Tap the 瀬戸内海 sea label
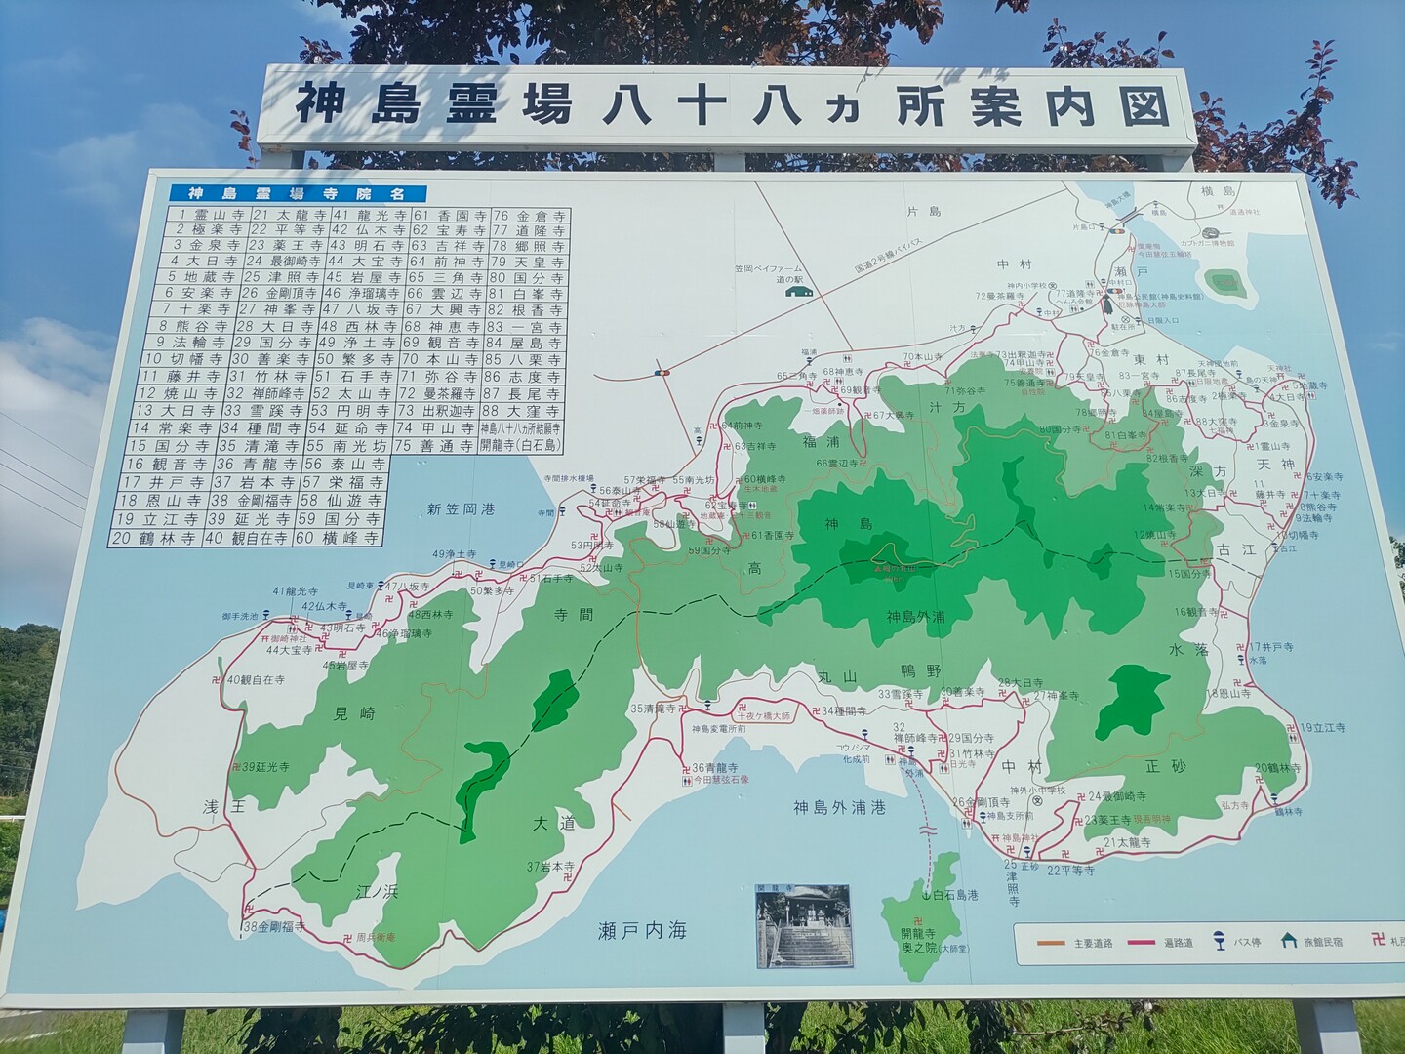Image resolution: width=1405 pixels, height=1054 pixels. [642, 930]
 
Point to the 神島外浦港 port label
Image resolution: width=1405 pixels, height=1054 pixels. [839, 807]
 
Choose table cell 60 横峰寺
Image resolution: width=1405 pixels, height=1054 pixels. [344, 538]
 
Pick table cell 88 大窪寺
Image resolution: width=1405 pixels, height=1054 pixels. [524, 410]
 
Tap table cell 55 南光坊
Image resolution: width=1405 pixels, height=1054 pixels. [344, 445]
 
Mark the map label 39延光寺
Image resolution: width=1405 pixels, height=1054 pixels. [265, 767]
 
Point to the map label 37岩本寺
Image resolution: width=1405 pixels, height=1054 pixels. [551, 866]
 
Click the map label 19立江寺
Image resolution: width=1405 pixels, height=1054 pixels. [1322, 728]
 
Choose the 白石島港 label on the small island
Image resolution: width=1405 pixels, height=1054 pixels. [954, 895]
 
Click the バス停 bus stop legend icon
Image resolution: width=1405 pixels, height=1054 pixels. [1219, 941]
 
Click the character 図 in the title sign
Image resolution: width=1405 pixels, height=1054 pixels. [1144, 106]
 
